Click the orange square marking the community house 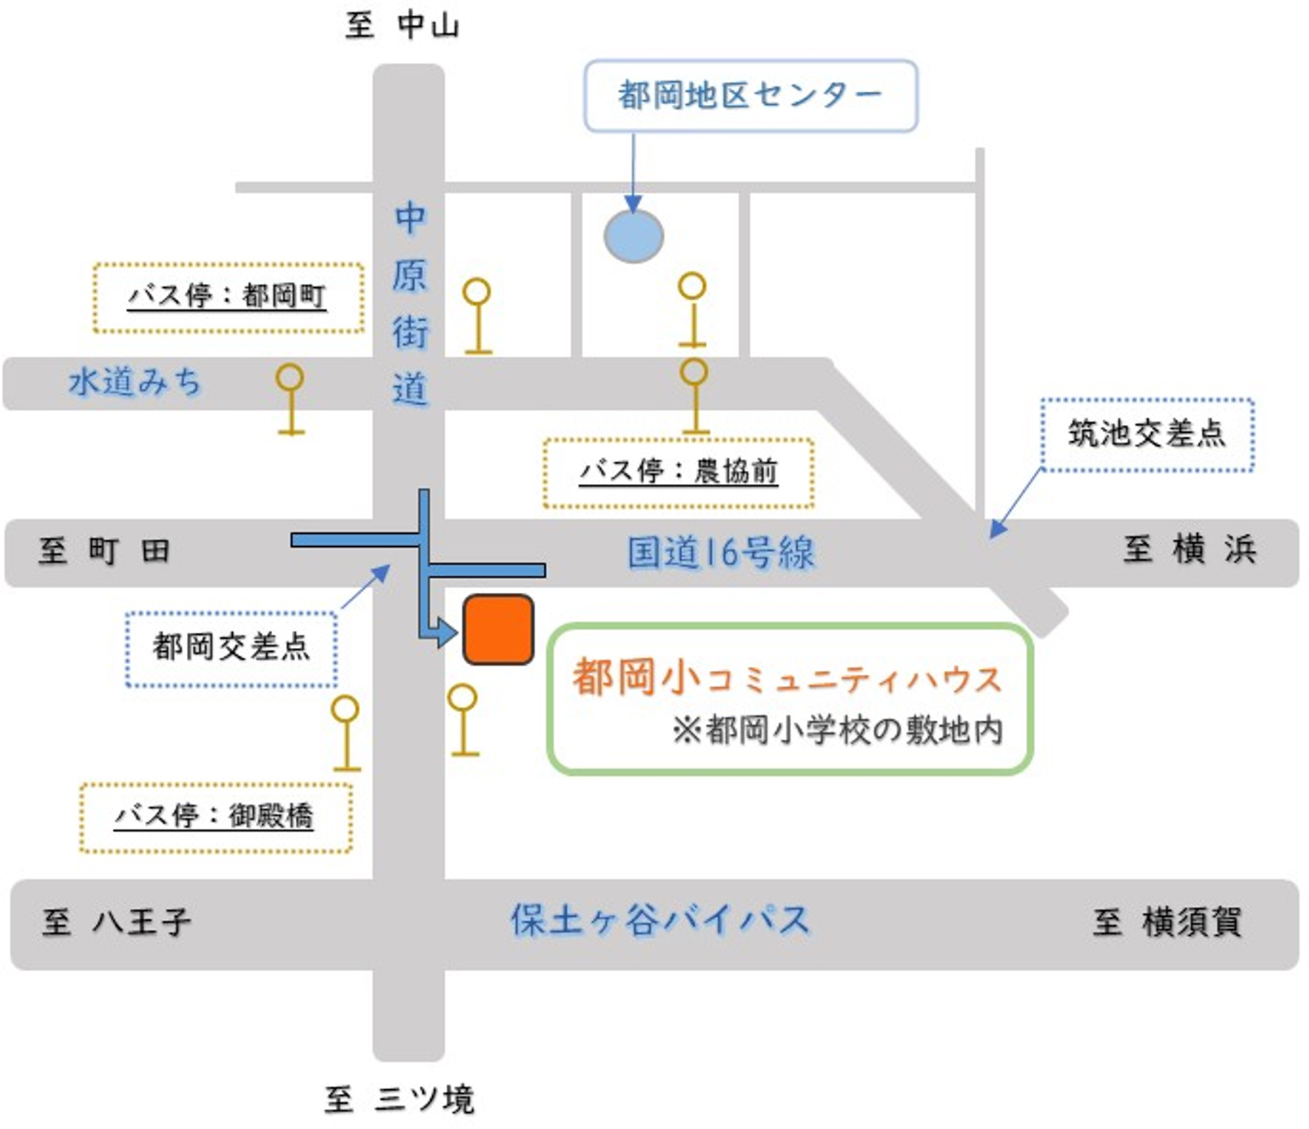tap(498, 630)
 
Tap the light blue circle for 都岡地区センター tap(634, 236)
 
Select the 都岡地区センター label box tap(750, 96)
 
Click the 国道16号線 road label tap(720, 553)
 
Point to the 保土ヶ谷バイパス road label tap(660, 920)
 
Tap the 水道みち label tap(135, 381)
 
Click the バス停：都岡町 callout tap(228, 297)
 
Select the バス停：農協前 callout tap(678, 473)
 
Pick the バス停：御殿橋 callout tap(216, 817)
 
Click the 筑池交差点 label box tap(1147, 434)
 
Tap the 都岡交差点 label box tap(231, 648)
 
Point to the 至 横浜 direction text tap(1189, 549)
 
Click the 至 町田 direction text tap(104, 551)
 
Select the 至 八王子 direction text tap(116, 921)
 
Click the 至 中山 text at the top tap(402, 25)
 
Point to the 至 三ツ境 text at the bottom tap(399, 1099)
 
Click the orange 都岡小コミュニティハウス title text tap(787, 678)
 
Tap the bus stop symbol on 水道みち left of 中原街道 tap(290, 399)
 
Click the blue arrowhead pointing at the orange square tap(446, 633)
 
